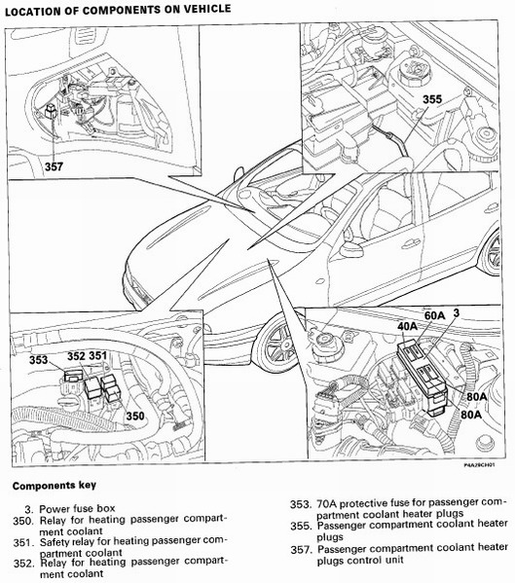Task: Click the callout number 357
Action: [x=54, y=166]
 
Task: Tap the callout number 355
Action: [x=432, y=99]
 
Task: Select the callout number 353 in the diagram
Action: [x=39, y=360]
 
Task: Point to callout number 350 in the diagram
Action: [x=135, y=416]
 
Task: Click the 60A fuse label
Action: [x=434, y=315]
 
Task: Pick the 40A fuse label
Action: [x=408, y=326]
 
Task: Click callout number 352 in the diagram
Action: [x=76, y=356]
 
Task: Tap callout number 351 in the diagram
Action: [x=98, y=356]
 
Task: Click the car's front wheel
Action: [x=278, y=344]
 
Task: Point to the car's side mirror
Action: [x=350, y=248]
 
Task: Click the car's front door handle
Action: [x=411, y=244]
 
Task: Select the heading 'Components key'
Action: [x=55, y=486]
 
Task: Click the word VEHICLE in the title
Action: [x=206, y=9]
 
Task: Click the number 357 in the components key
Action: [x=301, y=549]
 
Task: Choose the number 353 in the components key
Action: [x=300, y=504]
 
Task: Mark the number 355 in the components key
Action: [x=301, y=527]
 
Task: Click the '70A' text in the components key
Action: [x=326, y=504]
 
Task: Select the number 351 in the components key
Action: [x=23, y=542]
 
